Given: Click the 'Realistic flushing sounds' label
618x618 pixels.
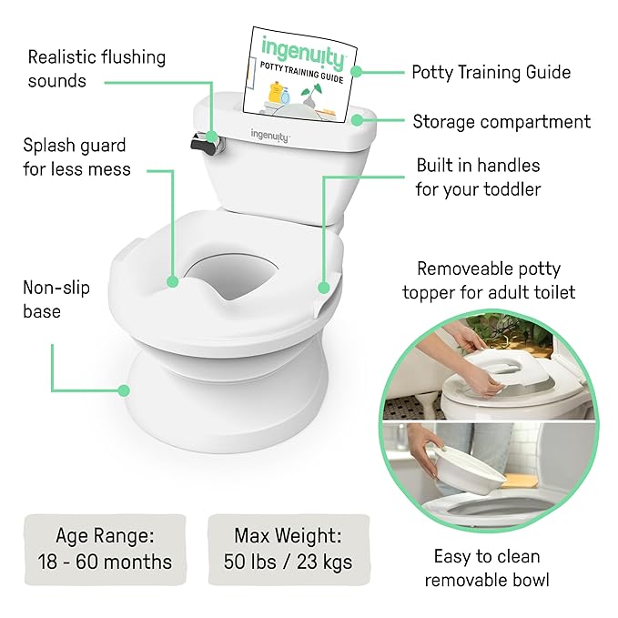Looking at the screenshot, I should coord(96,68).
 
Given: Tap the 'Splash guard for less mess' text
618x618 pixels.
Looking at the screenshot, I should coord(77,157).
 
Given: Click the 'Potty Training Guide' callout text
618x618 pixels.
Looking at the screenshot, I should coord(491,72).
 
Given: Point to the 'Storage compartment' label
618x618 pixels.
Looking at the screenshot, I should coord(501,121).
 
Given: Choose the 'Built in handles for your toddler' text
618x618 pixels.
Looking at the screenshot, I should coord(478,177).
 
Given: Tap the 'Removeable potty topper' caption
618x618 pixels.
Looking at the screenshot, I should coord(489,280).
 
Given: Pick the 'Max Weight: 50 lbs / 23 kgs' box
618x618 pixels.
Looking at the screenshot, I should coord(288,548).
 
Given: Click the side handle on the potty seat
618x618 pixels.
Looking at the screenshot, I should coord(324,289).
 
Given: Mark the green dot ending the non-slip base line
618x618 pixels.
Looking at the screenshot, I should coord(123,391).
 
